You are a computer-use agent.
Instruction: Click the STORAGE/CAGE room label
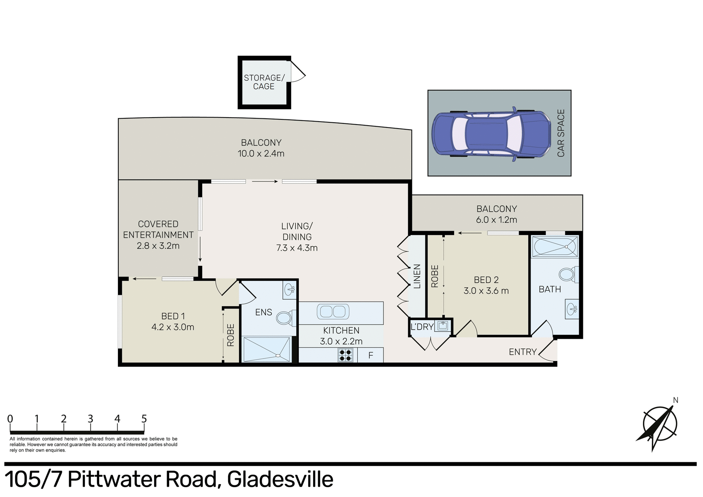coord(264,82)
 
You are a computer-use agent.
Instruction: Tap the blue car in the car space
coord(491,133)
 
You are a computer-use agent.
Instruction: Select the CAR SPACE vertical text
coord(561,133)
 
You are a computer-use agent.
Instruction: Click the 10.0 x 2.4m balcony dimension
coord(261,154)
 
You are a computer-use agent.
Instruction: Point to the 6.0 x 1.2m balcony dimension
coord(496,220)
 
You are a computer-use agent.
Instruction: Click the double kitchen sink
coord(332,312)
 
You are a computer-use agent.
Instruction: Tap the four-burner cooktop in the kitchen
coord(345,355)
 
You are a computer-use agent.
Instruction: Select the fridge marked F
coord(371,355)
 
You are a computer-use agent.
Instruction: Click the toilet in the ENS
coord(284,318)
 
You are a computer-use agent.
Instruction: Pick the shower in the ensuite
coord(267,349)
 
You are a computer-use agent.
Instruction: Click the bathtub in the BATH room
coord(555,246)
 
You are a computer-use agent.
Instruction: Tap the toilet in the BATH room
coord(568,274)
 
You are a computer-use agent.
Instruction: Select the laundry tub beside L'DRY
coord(442,326)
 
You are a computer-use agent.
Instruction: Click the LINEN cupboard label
coord(417,276)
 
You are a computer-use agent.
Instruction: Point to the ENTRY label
coord(522,352)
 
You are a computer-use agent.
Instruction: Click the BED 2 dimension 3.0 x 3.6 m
coord(486,291)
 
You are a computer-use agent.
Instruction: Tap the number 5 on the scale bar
coord(144,419)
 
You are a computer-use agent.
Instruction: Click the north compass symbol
coord(660,424)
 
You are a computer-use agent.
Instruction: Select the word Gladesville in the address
coord(280,479)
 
